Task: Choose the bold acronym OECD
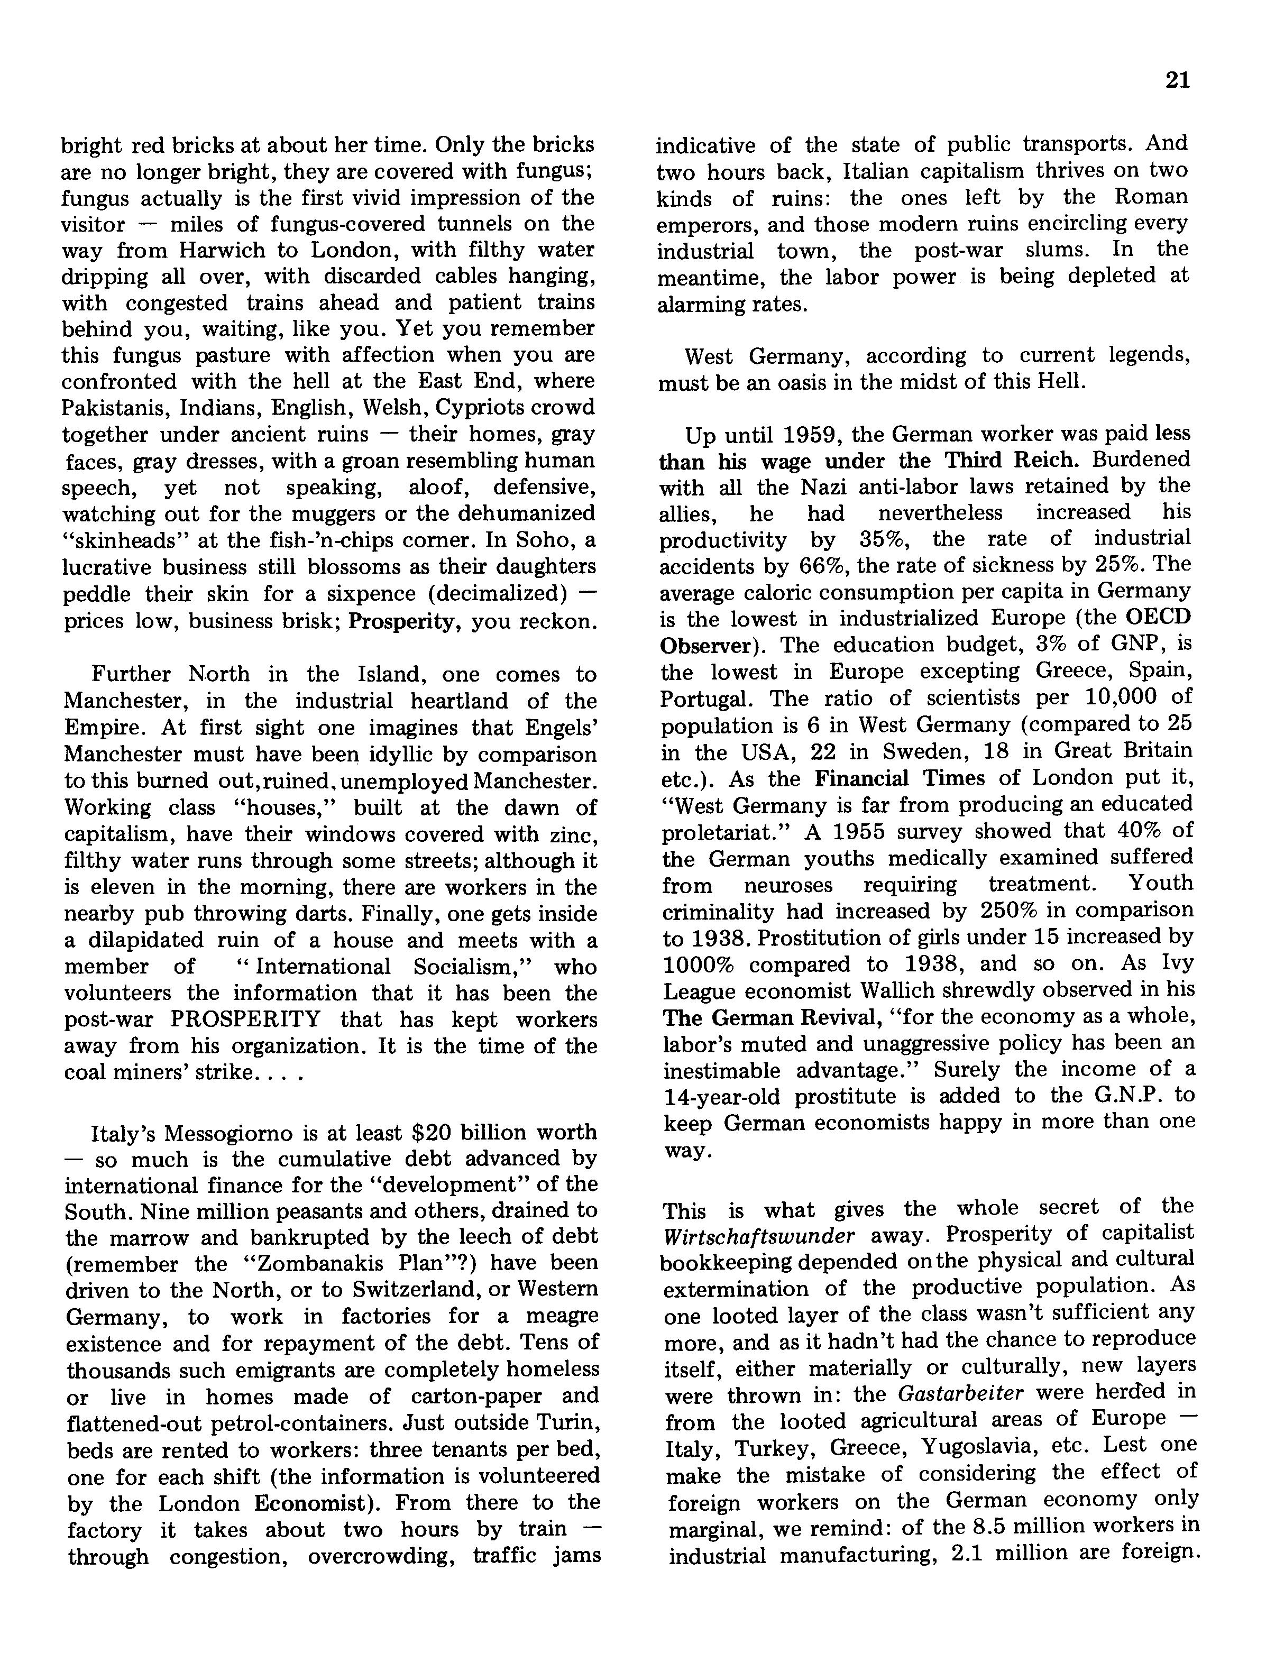[x=1157, y=618]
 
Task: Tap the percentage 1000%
[x=699, y=965]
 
